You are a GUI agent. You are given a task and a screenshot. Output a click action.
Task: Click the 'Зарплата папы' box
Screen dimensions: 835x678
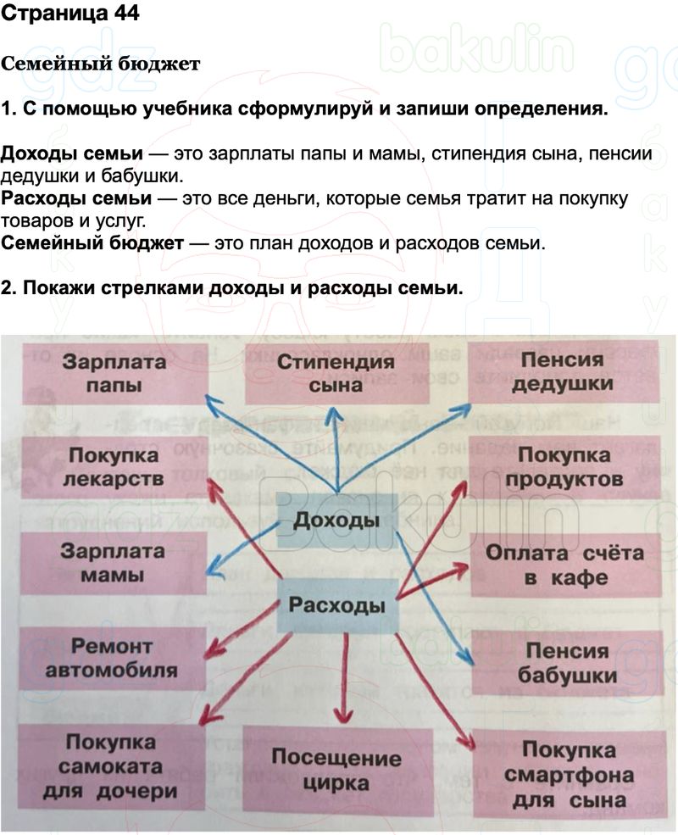pyautogui.click(x=114, y=373)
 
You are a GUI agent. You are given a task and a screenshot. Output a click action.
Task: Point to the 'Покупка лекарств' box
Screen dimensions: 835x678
pyautogui.click(x=114, y=467)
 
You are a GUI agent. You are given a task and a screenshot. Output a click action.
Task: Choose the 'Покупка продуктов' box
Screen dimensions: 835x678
pyautogui.click(x=564, y=467)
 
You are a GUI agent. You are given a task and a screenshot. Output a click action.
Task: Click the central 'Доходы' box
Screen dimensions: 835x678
pyautogui.click(x=336, y=520)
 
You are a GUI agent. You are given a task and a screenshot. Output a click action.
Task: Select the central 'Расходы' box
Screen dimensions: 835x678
pyautogui.click(x=336, y=606)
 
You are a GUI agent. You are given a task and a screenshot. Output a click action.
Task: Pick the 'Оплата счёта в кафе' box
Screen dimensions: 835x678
pyautogui.click(x=564, y=565)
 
